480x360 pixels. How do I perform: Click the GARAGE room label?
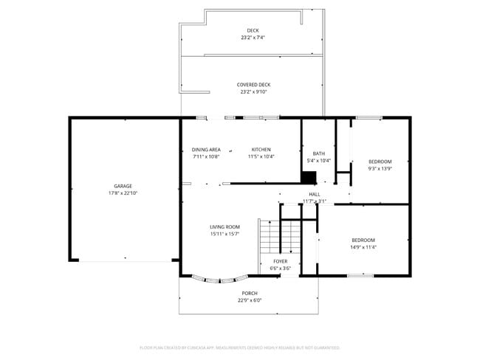(x=123, y=186)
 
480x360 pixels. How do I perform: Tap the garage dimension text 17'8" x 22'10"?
(x=123, y=193)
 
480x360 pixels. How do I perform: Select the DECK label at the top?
(x=253, y=30)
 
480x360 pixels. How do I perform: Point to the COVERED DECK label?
(x=253, y=85)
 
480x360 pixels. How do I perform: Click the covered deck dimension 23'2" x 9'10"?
(x=253, y=92)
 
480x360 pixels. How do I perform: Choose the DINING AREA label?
(x=206, y=150)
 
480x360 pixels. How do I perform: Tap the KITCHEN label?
(x=261, y=150)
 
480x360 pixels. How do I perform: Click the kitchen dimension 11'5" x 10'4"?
(x=261, y=156)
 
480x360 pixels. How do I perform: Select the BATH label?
(x=318, y=153)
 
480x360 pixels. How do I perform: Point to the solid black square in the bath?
(x=309, y=177)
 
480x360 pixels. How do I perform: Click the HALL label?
(x=315, y=194)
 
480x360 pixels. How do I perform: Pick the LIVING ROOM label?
(x=224, y=226)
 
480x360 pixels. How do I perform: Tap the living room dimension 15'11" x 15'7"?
(x=224, y=234)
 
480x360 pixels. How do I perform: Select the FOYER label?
(x=281, y=261)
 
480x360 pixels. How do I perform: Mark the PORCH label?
(x=250, y=293)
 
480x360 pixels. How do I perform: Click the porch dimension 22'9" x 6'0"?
(x=250, y=300)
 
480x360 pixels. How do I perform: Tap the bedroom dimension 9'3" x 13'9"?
(x=380, y=168)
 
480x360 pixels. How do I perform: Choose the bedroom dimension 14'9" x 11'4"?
(x=363, y=247)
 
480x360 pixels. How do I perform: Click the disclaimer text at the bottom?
(x=239, y=347)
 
